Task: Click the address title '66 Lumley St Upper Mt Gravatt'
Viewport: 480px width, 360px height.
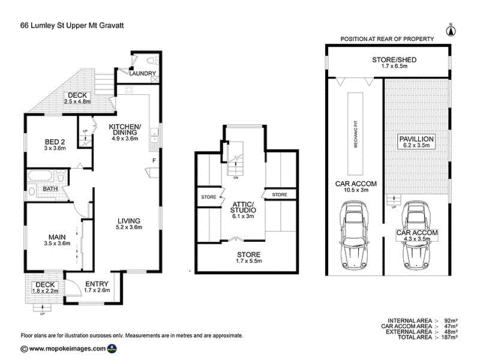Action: pos(72,25)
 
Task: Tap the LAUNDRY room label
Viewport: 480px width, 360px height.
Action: pos(142,73)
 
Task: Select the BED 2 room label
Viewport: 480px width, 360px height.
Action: pos(55,142)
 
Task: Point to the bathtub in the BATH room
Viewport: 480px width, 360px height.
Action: pos(40,176)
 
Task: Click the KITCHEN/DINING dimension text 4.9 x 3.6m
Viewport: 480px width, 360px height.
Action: pos(125,139)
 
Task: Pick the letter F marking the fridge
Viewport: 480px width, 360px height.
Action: pos(154,160)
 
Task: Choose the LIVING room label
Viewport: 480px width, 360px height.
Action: pos(129,221)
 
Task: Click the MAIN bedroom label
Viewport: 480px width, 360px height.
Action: pos(57,237)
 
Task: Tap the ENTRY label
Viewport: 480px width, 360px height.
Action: pos(97,284)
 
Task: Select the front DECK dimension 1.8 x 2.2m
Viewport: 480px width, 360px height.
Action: pos(46,291)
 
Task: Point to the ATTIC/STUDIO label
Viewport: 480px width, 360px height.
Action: pos(243,207)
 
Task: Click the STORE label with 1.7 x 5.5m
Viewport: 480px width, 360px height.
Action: pos(248,254)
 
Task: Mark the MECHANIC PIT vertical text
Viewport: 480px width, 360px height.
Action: pos(356,133)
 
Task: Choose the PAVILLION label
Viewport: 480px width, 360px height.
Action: pos(416,139)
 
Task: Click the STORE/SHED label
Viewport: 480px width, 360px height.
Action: pos(394,59)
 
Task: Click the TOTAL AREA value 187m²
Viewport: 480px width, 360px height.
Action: pos(449,337)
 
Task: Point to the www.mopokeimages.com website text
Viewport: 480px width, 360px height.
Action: pos(67,349)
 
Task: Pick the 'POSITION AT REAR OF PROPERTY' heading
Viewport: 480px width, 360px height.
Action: pos(387,39)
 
